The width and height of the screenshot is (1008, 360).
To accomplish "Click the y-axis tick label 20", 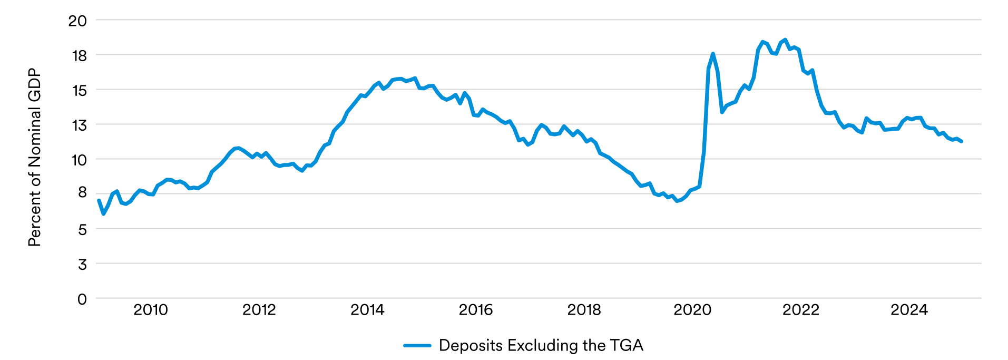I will click(77, 21).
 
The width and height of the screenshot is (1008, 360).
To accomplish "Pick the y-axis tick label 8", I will click(82, 192).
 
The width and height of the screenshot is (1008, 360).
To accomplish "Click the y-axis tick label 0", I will click(82, 299).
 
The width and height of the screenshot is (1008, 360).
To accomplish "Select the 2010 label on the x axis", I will click(151, 310).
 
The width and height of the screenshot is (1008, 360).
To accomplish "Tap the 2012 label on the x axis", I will click(259, 310).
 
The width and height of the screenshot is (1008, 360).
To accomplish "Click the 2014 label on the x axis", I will click(367, 310).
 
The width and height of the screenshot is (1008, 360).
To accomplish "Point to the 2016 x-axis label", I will click(476, 310).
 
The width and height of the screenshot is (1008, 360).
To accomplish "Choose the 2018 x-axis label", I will click(584, 310).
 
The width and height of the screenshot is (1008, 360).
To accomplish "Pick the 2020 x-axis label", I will click(692, 310).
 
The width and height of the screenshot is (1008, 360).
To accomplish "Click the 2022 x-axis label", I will click(801, 310).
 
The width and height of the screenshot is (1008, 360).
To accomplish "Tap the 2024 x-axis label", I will click(909, 310).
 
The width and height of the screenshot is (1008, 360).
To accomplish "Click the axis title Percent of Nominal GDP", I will click(34, 157).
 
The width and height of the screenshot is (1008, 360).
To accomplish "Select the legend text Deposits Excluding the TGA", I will click(541, 346).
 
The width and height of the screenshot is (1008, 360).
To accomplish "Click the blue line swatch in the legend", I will click(417, 346).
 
